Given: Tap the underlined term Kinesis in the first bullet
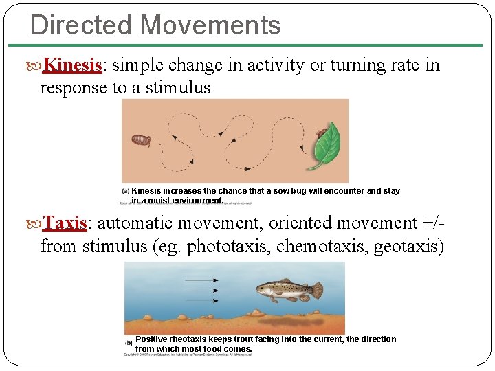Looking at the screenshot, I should click(73, 65).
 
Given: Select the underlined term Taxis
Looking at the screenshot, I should click(65, 223).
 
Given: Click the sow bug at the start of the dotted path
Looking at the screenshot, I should click(142, 140).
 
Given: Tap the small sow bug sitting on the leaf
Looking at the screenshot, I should click(321, 132).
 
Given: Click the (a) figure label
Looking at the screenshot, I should click(126, 191).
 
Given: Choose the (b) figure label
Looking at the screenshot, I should click(129, 342).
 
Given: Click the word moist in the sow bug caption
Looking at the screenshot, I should click(160, 201).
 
